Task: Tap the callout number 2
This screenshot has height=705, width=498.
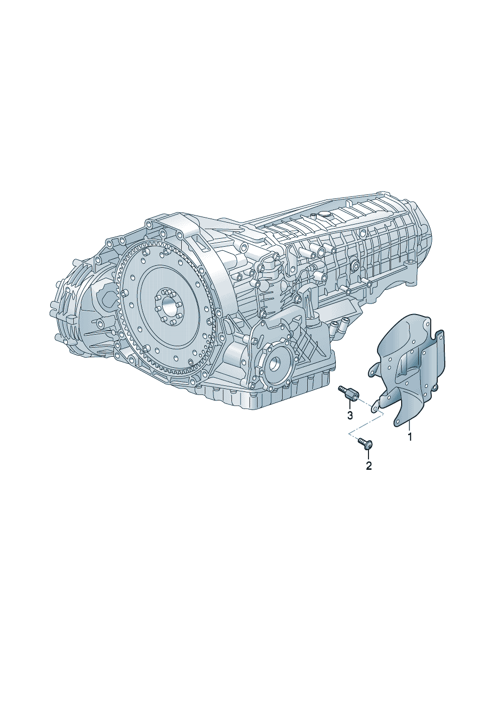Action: click(368, 465)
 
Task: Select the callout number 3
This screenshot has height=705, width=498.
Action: click(350, 415)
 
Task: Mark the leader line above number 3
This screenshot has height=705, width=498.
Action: click(349, 406)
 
